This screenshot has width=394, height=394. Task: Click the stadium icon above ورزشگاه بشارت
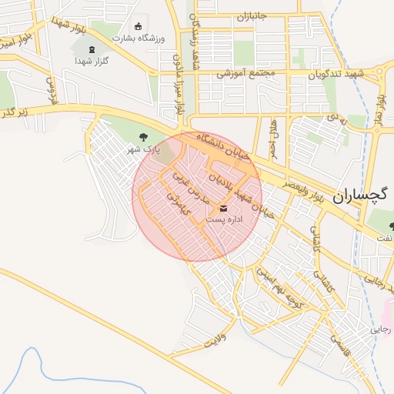(139, 25)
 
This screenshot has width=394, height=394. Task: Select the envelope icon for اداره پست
(224, 208)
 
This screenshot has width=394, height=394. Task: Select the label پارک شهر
(142, 149)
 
